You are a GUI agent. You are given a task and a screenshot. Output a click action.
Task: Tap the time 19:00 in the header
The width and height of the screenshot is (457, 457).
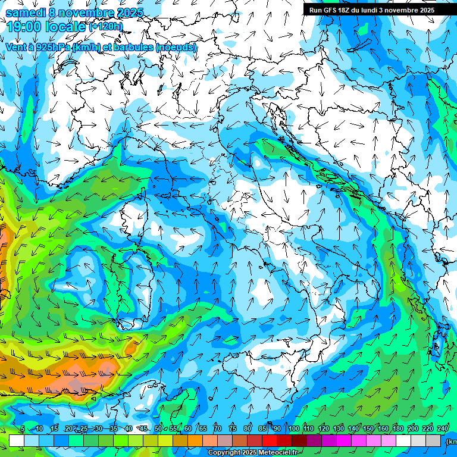(24, 26)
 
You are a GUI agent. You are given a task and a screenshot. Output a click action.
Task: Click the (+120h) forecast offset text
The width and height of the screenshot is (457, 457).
(105, 26)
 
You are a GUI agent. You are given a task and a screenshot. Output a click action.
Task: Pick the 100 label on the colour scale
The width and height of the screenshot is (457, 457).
(293, 429)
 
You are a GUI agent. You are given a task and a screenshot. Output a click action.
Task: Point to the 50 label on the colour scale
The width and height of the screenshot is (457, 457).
(158, 429)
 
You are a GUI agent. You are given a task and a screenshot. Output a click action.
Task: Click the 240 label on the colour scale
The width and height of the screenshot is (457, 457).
(443, 429)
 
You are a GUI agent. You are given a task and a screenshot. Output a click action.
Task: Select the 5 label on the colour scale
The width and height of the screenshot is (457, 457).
(22, 429)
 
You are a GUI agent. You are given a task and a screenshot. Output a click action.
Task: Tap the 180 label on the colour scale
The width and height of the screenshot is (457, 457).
(398, 429)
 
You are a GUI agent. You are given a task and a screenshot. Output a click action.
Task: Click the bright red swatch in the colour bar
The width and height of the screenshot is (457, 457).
(270, 440)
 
